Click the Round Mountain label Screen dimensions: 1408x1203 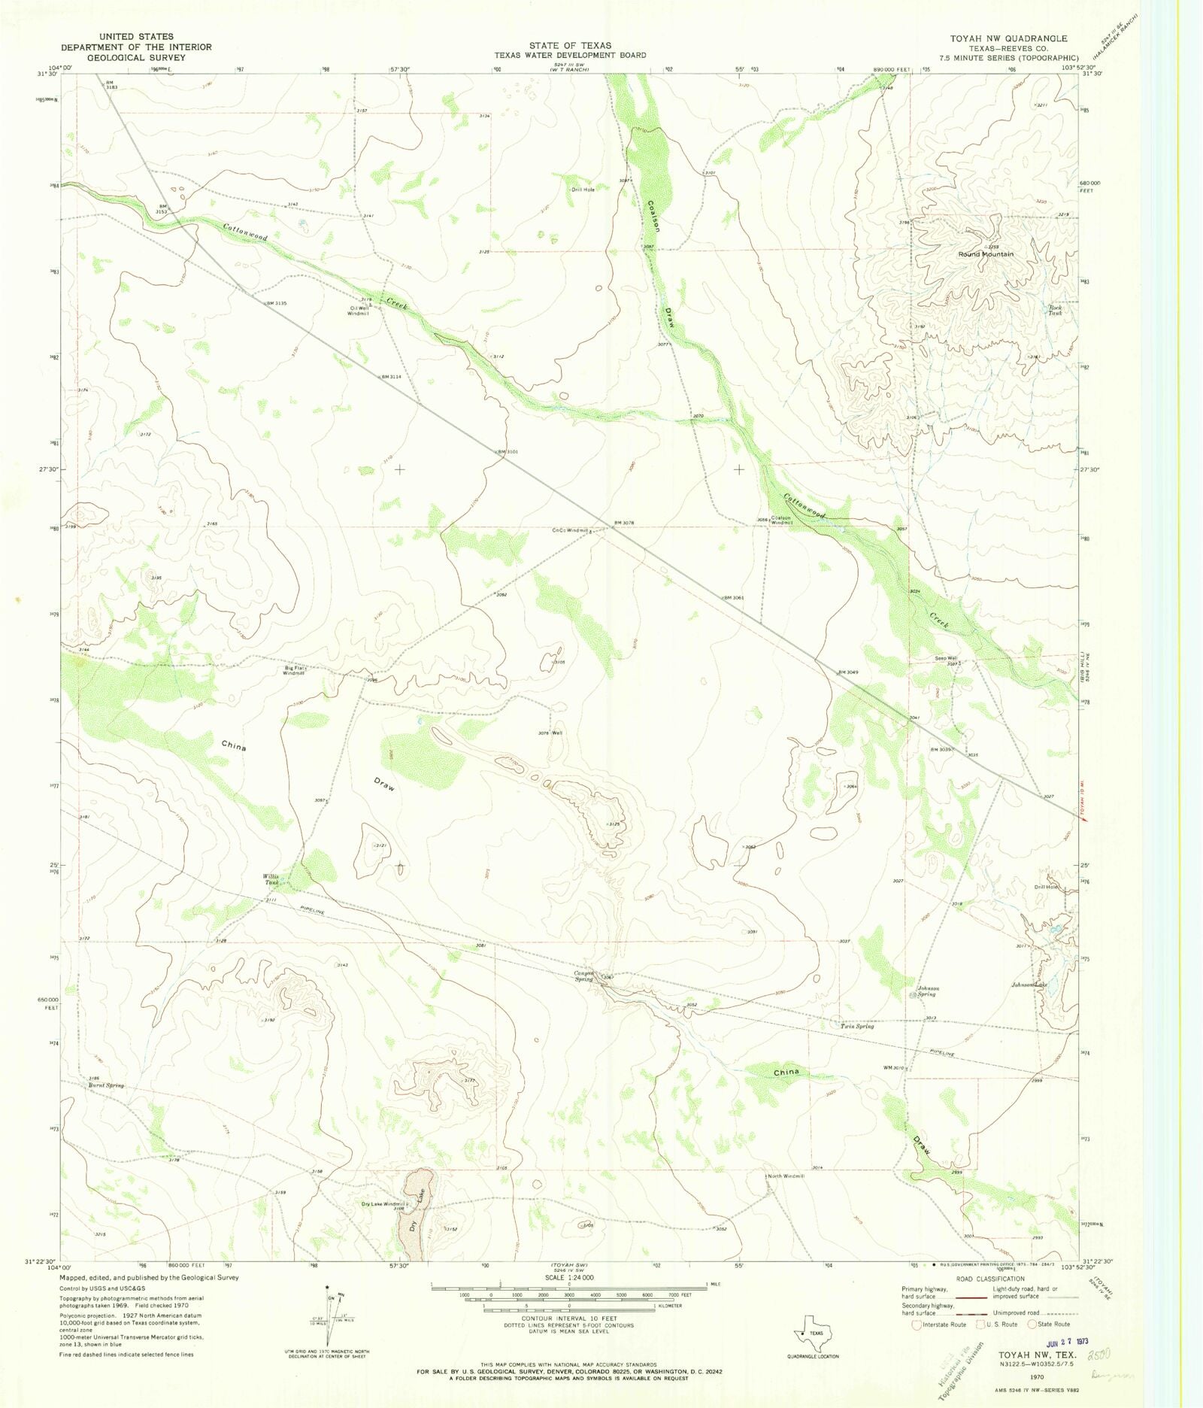click(x=985, y=254)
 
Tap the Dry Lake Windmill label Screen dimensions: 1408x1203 click(x=384, y=1204)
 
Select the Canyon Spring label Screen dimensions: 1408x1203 click(x=584, y=976)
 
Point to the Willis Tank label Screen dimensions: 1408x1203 click(x=271, y=880)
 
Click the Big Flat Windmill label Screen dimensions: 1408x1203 click(x=294, y=671)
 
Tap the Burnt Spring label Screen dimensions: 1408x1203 click(x=106, y=1086)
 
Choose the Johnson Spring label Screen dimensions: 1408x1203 click(x=926, y=991)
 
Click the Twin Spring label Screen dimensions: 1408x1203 click(x=857, y=1026)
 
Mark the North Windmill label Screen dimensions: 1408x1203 click(x=786, y=1176)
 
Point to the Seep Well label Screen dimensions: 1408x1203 click(x=945, y=658)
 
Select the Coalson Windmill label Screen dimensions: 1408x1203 click(x=780, y=520)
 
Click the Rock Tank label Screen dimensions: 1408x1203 click(x=1056, y=310)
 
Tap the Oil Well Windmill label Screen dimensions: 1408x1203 click(x=359, y=311)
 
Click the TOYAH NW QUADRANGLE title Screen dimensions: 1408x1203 click(x=1008, y=38)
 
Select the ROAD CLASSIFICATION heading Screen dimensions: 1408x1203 click(x=989, y=1279)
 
